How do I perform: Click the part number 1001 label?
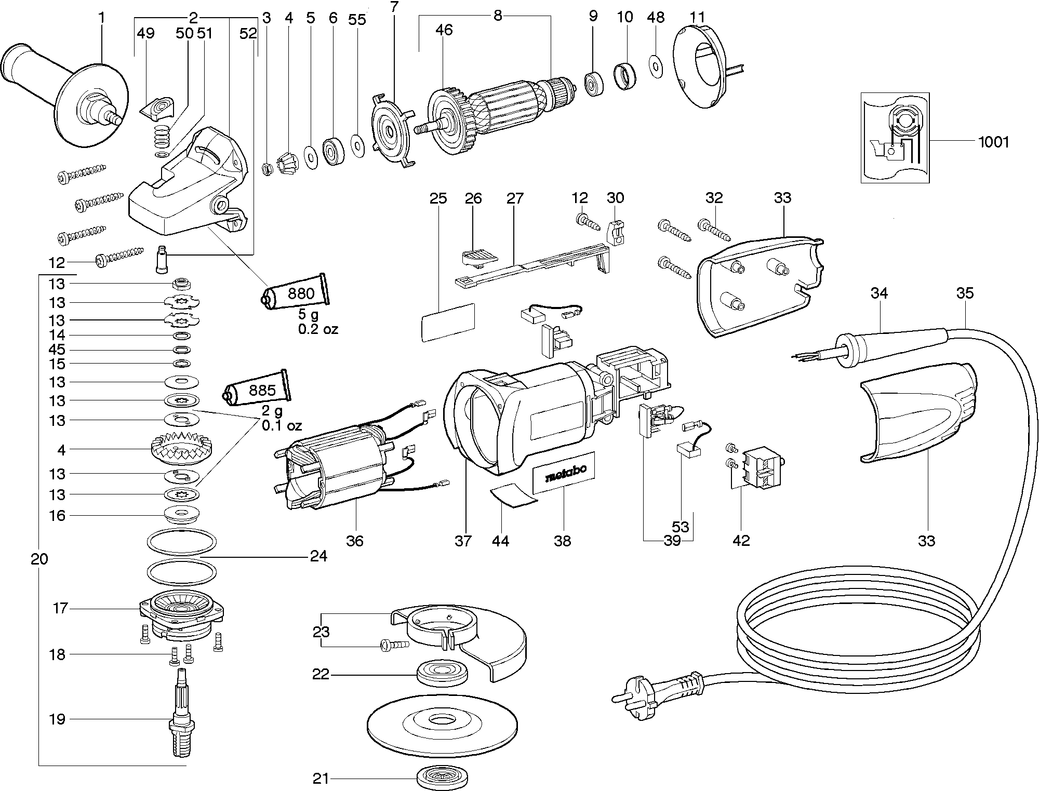click(993, 142)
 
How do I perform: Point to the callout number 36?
click(355, 541)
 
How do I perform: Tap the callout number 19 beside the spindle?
click(57, 719)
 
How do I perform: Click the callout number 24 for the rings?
click(318, 556)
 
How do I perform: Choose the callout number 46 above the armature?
click(444, 30)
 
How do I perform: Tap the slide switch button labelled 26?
click(478, 256)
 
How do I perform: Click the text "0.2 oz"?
click(317, 329)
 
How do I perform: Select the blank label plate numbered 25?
click(448, 322)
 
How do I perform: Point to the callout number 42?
click(741, 541)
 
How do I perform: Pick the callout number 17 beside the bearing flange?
click(60, 608)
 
